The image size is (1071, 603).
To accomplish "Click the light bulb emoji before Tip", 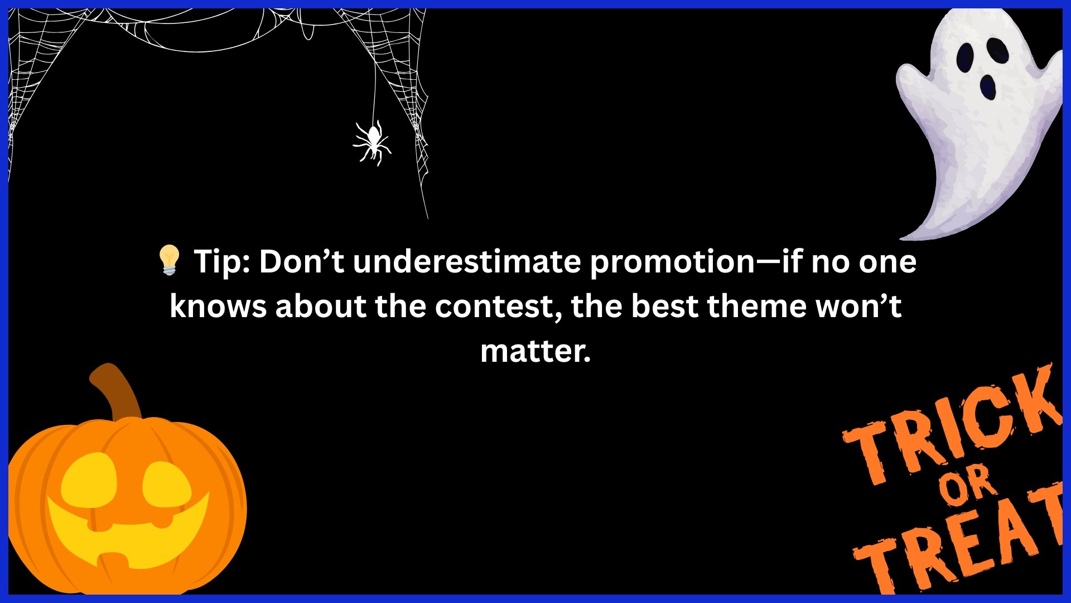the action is (x=169, y=260).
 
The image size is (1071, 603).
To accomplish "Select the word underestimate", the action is (x=467, y=261).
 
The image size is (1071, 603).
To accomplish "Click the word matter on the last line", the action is (x=535, y=351).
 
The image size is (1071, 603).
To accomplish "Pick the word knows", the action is (x=218, y=306).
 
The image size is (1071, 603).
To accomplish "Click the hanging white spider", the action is (x=373, y=142).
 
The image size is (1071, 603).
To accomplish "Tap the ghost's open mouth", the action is (x=988, y=87).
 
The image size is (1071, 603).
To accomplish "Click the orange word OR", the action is (x=968, y=485).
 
